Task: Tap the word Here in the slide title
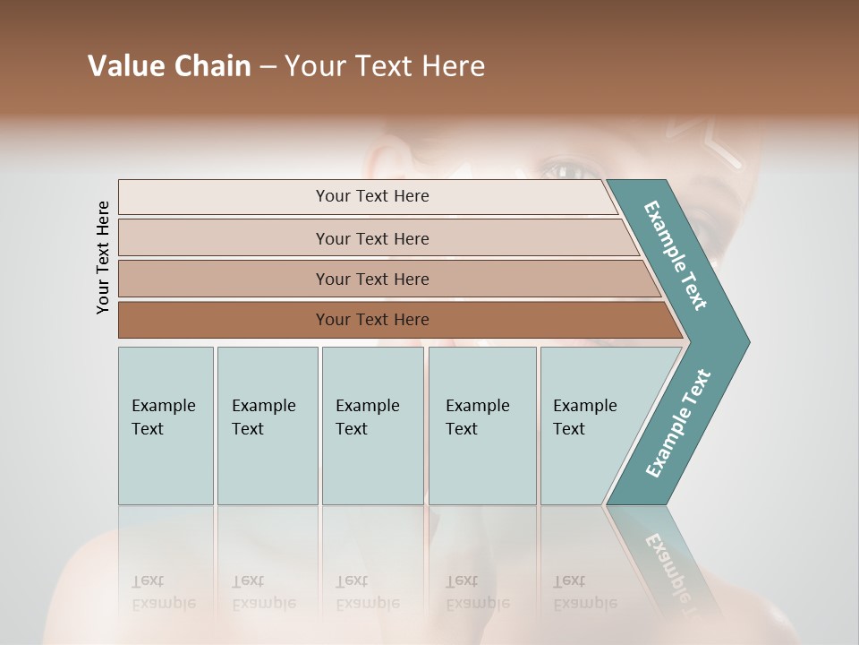pos(454,66)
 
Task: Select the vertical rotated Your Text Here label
pos(103,257)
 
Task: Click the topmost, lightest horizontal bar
pos(371,196)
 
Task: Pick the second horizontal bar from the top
pos(371,238)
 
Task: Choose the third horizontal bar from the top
pos(371,279)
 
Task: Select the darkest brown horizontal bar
pos(371,320)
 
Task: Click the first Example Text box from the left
pos(166,426)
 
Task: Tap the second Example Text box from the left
pos(267,426)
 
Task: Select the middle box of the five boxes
pos(372,426)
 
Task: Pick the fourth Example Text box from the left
pos(481,426)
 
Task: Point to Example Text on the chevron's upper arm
pos(676,255)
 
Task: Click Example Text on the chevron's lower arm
pos(678,423)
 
